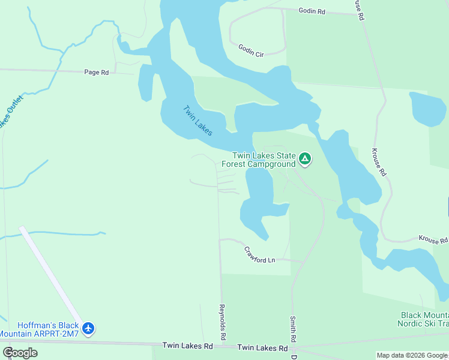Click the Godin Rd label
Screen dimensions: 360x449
[312, 11]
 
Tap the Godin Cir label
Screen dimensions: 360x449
[251, 50]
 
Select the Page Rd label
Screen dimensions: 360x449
[96, 72]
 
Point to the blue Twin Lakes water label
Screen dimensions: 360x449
[197, 120]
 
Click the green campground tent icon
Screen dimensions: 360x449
[305, 159]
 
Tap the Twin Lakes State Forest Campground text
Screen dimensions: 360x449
[259, 160]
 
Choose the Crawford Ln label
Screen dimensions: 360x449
[259, 255]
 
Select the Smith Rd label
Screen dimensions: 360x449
[293, 328]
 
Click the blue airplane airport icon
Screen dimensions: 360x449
[89, 328]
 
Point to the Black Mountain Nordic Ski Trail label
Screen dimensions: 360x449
[423, 319]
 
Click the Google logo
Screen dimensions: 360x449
[20, 353]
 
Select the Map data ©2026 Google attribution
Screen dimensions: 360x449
[412, 355]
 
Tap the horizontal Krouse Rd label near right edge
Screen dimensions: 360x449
[433, 241]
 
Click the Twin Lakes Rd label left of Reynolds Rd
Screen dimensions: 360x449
[188, 346]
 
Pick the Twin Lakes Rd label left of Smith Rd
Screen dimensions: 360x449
[262, 347]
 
